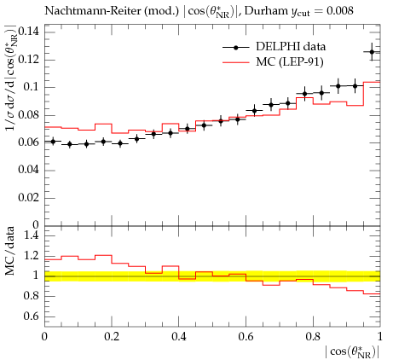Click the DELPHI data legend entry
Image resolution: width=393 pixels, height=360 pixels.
(x=274, y=47)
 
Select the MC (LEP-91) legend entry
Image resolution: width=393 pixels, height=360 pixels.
(x=273, y=61)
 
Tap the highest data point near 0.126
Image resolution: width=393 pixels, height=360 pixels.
(x=372, y=52)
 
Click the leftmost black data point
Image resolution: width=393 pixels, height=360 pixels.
(x=53, y=142)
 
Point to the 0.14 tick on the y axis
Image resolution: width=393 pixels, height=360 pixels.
(x=28, y=31)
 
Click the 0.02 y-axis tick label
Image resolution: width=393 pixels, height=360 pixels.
(x=28, y=197)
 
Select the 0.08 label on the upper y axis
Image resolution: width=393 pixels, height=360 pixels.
(x=28, y=114)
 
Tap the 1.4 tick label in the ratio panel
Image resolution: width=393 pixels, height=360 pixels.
(x=32, y=235)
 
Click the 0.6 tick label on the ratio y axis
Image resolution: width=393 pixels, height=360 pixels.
(x=32, y=316)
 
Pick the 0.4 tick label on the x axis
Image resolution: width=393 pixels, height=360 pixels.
(x=179, y=337)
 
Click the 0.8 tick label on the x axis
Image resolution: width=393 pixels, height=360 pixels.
(x=313, y=337)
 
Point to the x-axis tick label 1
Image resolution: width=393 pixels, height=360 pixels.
(x=380, y=337)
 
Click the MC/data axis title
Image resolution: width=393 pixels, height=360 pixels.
(x=10, y=251)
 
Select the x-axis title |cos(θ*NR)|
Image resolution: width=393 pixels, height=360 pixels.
(x=352, y=352)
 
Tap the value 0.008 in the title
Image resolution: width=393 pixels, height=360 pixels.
(x=340, y=11)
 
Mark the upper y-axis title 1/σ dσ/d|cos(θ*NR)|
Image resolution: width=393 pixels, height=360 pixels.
(x=10, y=78)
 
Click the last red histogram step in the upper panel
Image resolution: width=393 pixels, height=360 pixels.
(x=372, y=82)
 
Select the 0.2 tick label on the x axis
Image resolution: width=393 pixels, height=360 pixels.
(x=112, y=337)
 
